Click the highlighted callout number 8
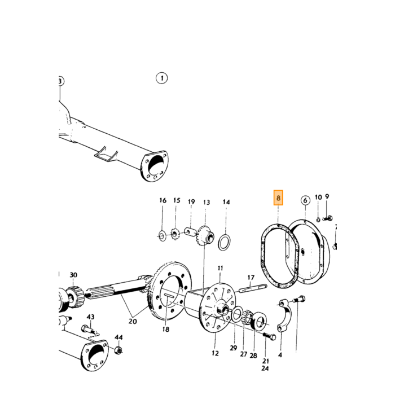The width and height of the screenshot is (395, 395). (x=278, y=197)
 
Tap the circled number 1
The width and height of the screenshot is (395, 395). (x=162, y=78)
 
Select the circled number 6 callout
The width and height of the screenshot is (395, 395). (x=305, y=200)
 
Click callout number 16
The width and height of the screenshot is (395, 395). (x=163, y=200)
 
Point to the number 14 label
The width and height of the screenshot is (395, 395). (x=226, y=202)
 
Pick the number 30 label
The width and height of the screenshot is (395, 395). (x=73, y=275)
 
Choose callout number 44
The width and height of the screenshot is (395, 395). (x=118, y=337)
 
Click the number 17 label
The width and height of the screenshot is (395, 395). (x=251, y=278)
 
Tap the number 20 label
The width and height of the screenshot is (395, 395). (x=133, y=322)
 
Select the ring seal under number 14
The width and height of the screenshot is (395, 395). (x=224, y=243)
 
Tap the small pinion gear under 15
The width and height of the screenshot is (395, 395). (x=174, y=234)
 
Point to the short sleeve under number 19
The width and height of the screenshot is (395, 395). (x=190, y=232)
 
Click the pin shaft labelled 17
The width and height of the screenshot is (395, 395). (x=252, y=288)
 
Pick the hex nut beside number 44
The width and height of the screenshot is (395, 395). (x=118, y=350)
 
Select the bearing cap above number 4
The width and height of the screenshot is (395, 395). (x=285, y=315)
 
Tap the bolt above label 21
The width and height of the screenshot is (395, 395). (x=269, y=336)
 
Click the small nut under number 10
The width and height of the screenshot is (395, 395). (x=318, y=220)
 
